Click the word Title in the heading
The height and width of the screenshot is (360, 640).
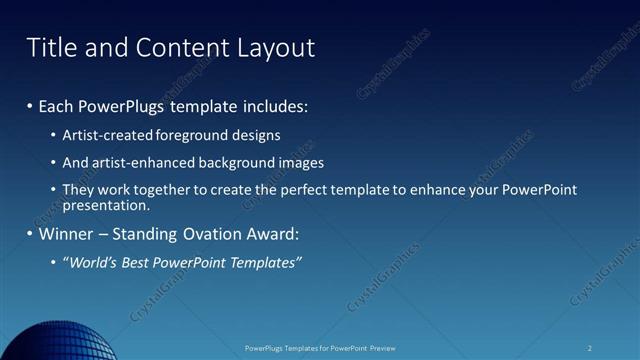48,47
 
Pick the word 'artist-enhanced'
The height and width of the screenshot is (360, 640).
133,162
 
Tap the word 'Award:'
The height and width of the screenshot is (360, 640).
271,234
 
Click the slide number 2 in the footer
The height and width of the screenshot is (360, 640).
590,348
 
